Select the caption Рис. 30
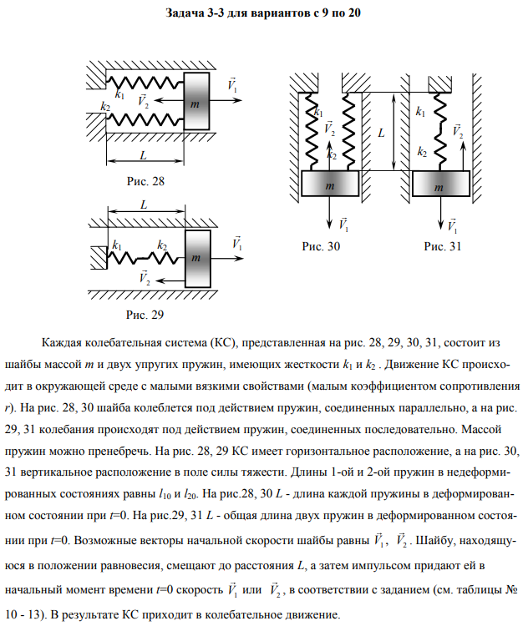click(322, 246)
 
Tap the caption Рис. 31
click(442, 246)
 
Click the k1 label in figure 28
click(120, 95)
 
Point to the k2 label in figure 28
click(105, 107)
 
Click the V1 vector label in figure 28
click(231, 86)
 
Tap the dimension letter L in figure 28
click(145, 155)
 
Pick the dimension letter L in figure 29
click(144, 205)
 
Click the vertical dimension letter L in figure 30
click(381, 132)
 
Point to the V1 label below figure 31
click(452, 225)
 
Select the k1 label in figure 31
click(419, 111)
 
